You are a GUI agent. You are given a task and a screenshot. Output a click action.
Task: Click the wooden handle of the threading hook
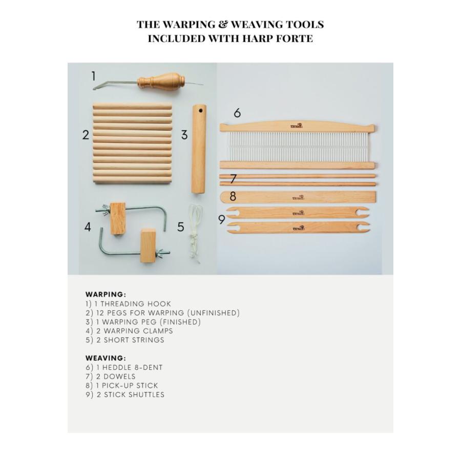(x=161, y=81)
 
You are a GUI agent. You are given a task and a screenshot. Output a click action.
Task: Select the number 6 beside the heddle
(x=237, y=113)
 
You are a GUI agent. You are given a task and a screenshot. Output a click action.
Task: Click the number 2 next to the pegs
(x=86, y=135)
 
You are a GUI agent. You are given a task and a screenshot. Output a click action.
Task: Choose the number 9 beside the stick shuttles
(x=222, y=219)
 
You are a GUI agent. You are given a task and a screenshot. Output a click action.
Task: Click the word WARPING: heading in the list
(x=106, y=295)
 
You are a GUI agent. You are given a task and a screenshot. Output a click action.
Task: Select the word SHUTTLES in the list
(x=146, y=394)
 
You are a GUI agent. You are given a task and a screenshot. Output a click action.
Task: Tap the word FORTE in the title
(x=295, y=38)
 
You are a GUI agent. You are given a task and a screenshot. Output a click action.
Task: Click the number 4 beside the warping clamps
(x=88, y=227)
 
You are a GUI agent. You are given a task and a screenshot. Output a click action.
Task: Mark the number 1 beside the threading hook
(x=94, y=76)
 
